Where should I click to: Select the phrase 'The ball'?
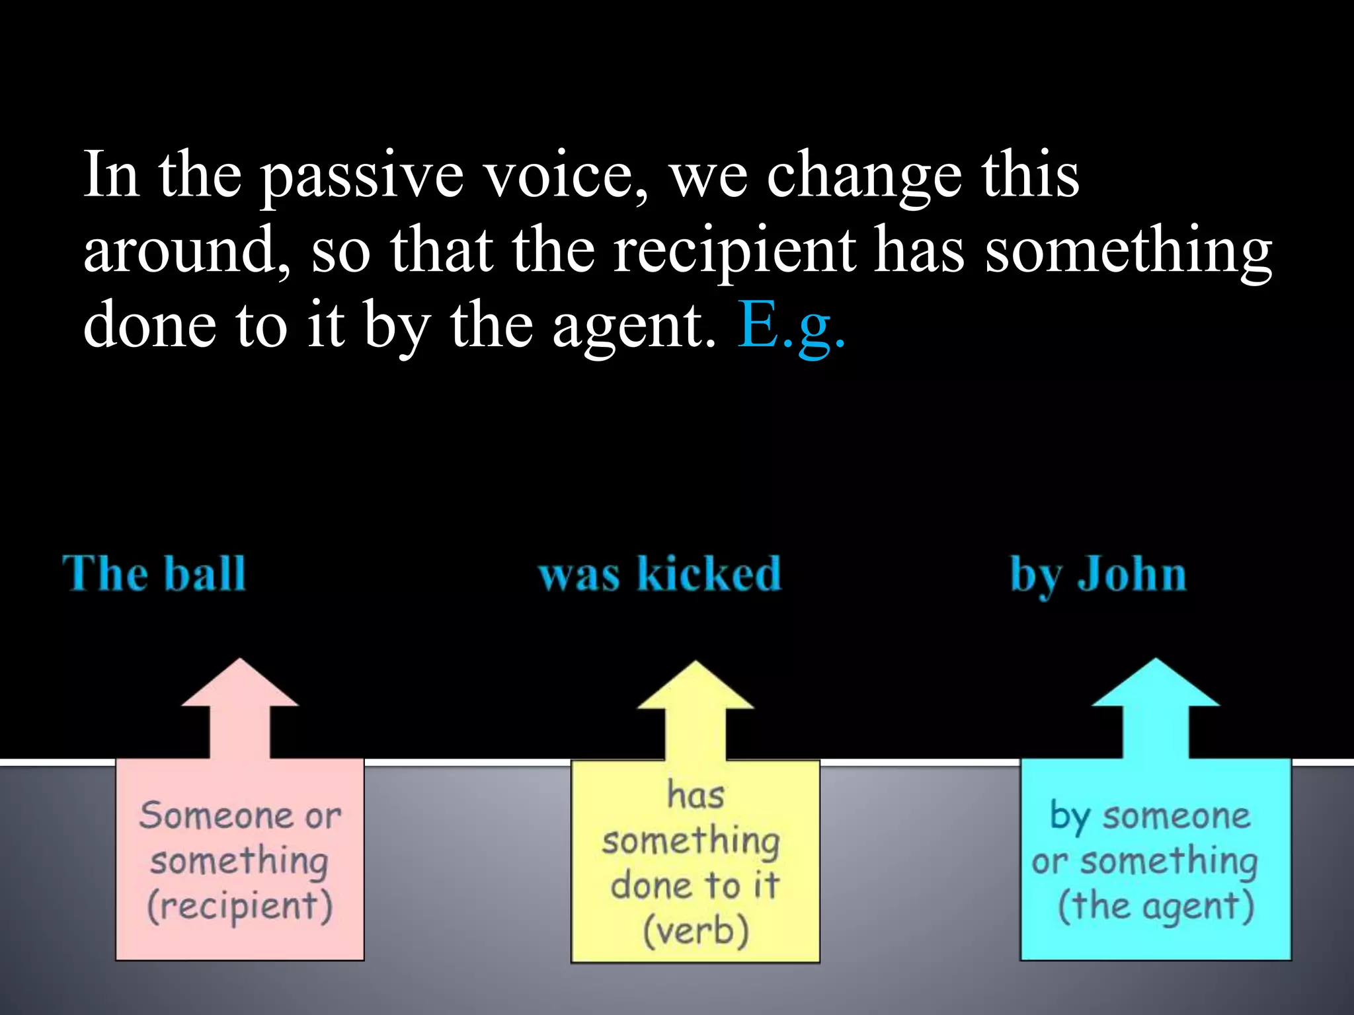pos(154,574)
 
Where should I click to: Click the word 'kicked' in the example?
pos(709,574)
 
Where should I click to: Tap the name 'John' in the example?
pos(1132,574)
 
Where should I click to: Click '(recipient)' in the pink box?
pos(239,905)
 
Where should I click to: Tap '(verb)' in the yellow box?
pos(696,930)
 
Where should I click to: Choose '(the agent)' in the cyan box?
pos(1155,906)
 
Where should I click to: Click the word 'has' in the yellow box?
pos(696,794)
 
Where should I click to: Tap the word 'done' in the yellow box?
pos(651,885)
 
